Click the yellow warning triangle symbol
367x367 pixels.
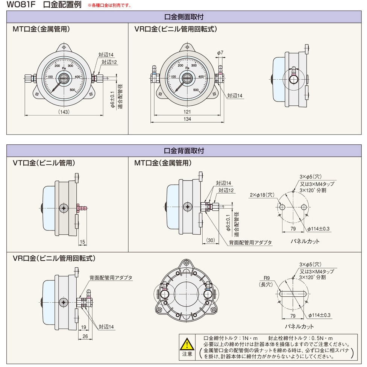(x=187, y=343)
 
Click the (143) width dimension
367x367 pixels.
(x=64, y=112)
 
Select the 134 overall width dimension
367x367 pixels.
(x=187, y=119)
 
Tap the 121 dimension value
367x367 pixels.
(x=187, y=112)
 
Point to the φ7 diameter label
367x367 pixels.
(x=220, y=53)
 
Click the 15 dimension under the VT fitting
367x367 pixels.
(x=82, y=242)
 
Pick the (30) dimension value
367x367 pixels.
(x=211, y=240)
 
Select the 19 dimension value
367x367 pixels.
(x=83, y=327)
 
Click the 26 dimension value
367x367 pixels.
(x=85, y=336)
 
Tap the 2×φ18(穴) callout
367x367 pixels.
(x=262, y=195)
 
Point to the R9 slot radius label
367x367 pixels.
(x=267, y=278)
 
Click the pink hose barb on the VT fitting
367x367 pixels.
(x=82, y=207)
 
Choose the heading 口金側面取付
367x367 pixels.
(x=184, y=17)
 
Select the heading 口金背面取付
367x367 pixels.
(x=184, y=150)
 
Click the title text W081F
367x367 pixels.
(x=21, y=5)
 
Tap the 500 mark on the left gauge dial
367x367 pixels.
(x=72, y=90)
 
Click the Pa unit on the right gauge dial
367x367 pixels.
(x=187, y=68)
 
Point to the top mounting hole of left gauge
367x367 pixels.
(x=64, y=47)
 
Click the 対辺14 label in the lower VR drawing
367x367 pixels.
(x=106, y=326)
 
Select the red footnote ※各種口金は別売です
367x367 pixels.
(x=109, y=5)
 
